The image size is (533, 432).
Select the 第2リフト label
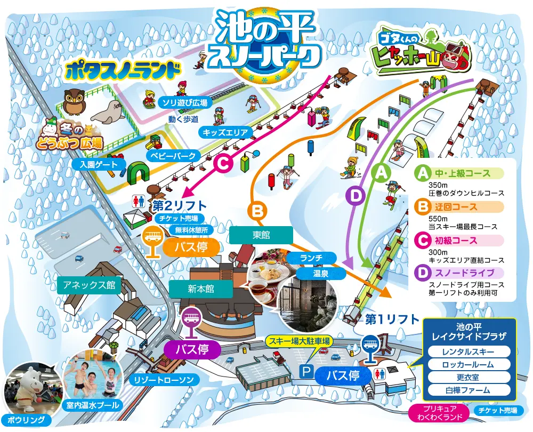pyautogui.click(x=179, y=205)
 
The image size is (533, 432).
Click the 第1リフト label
pyautogui.click(x=392, y=319)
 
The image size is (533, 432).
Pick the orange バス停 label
pyautogui.click(x=190, y=247)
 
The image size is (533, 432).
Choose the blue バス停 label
pyautogui.click(x=343, y=375)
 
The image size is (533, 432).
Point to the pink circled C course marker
pyautogui.click(x=224, y=163)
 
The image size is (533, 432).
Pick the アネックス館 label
pyautogui.click(x=88, y=285)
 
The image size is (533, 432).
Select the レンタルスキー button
pyautogui.click(x=469, y=352)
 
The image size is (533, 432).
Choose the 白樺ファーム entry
pyautogui.click(x=469, y=390)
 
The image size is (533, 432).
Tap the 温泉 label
pyautogui.click(x=320, y=274)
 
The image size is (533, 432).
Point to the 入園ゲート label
pyautogui.click(x=99, y=165)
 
